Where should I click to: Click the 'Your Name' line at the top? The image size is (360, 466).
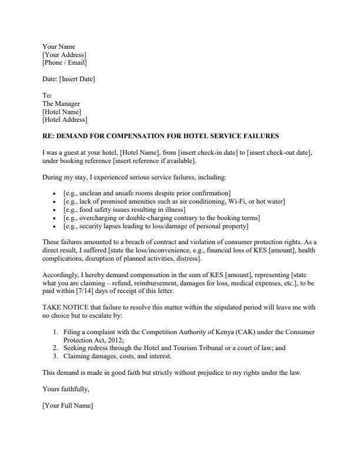point(59,46)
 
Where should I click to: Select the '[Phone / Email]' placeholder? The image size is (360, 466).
point(65,63)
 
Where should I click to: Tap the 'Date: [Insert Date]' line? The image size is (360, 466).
point(68,79)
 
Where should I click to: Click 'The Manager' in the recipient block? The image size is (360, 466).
point(61,104)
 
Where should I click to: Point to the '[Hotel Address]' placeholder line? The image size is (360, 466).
point(65,120)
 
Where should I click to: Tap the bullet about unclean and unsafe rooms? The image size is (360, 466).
point(146,193)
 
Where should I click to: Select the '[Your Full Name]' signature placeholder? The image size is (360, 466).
point(68,405)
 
